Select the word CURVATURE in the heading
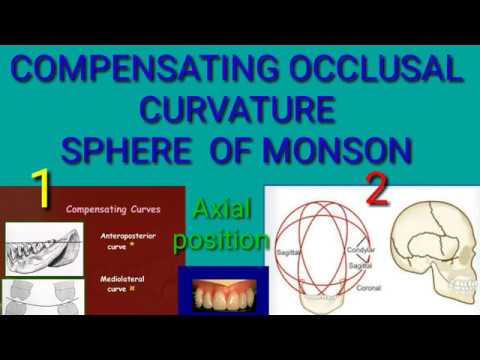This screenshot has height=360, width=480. pyautogui.click(x=237, y=110)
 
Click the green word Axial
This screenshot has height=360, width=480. pyautogui.click(x=221, y=210)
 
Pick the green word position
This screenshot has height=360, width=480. pyautogui.click(x=221, y=240)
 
